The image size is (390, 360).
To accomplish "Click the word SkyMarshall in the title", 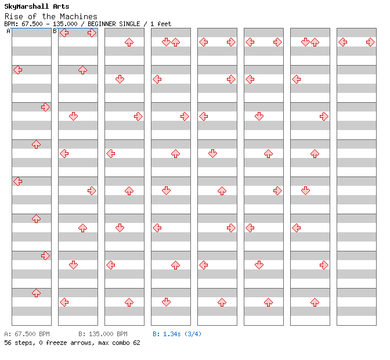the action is tap(26, 6).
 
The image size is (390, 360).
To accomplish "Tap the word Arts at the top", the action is tap(61, 6).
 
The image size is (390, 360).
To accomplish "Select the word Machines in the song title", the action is tap(78, 17).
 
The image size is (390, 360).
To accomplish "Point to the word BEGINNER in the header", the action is tap(102, 24).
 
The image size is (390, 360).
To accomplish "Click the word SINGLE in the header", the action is tap(129, 24).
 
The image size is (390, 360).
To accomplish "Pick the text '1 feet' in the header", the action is tap(161, 24).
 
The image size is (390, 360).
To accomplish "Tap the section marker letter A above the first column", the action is tap(9, 31).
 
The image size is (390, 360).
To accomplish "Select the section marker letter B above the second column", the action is tap(55, 31).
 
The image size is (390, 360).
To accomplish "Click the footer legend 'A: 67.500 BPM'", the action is tap(27, 334).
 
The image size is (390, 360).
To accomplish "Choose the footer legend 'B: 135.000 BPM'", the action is tap(103, 334).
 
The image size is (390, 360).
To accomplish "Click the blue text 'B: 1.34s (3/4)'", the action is tap(177, 334).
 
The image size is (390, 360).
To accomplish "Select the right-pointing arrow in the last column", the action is tap(371, 42).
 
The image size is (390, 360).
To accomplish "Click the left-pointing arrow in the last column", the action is tap(343, 42).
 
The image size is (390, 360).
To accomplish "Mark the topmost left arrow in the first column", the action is tap(18, 70).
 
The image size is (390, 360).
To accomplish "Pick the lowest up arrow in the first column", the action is tap(37, 293).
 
